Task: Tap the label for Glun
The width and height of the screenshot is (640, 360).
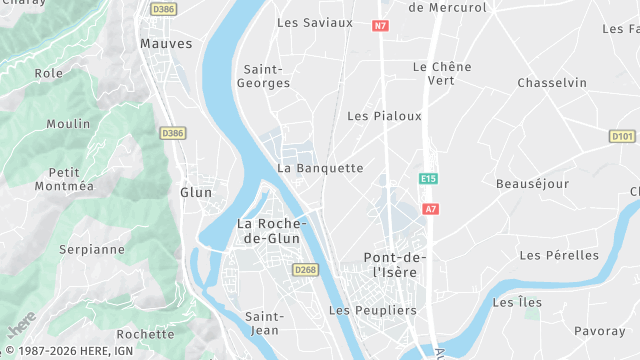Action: pyautogui.click(x=196, y=192)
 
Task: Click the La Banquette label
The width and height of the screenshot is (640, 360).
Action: pyautogui.click(x=320, y=168)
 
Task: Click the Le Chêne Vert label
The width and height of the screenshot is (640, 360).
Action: pyautogui.click(x=441, y=73)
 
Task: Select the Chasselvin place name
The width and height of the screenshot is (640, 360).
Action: pyautogui.click(x=552, y=83)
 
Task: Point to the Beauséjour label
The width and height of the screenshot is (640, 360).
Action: pyautogui.click(x=532, y=184)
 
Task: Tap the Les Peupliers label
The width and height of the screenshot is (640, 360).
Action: pyautogui.click(x=372, y=311)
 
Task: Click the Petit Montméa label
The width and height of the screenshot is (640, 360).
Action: pyautogui.click(x=64, y=179)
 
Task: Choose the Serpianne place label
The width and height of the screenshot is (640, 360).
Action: pyautogui.click(x=91, y=249)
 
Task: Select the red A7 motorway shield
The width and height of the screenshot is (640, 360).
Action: pyautogui.click(x=431, y=209)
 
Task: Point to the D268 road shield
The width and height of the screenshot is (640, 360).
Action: pyautogui.click(x=304, y=270)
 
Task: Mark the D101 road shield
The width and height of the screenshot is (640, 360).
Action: pyautogui.click(x=622, y=136)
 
